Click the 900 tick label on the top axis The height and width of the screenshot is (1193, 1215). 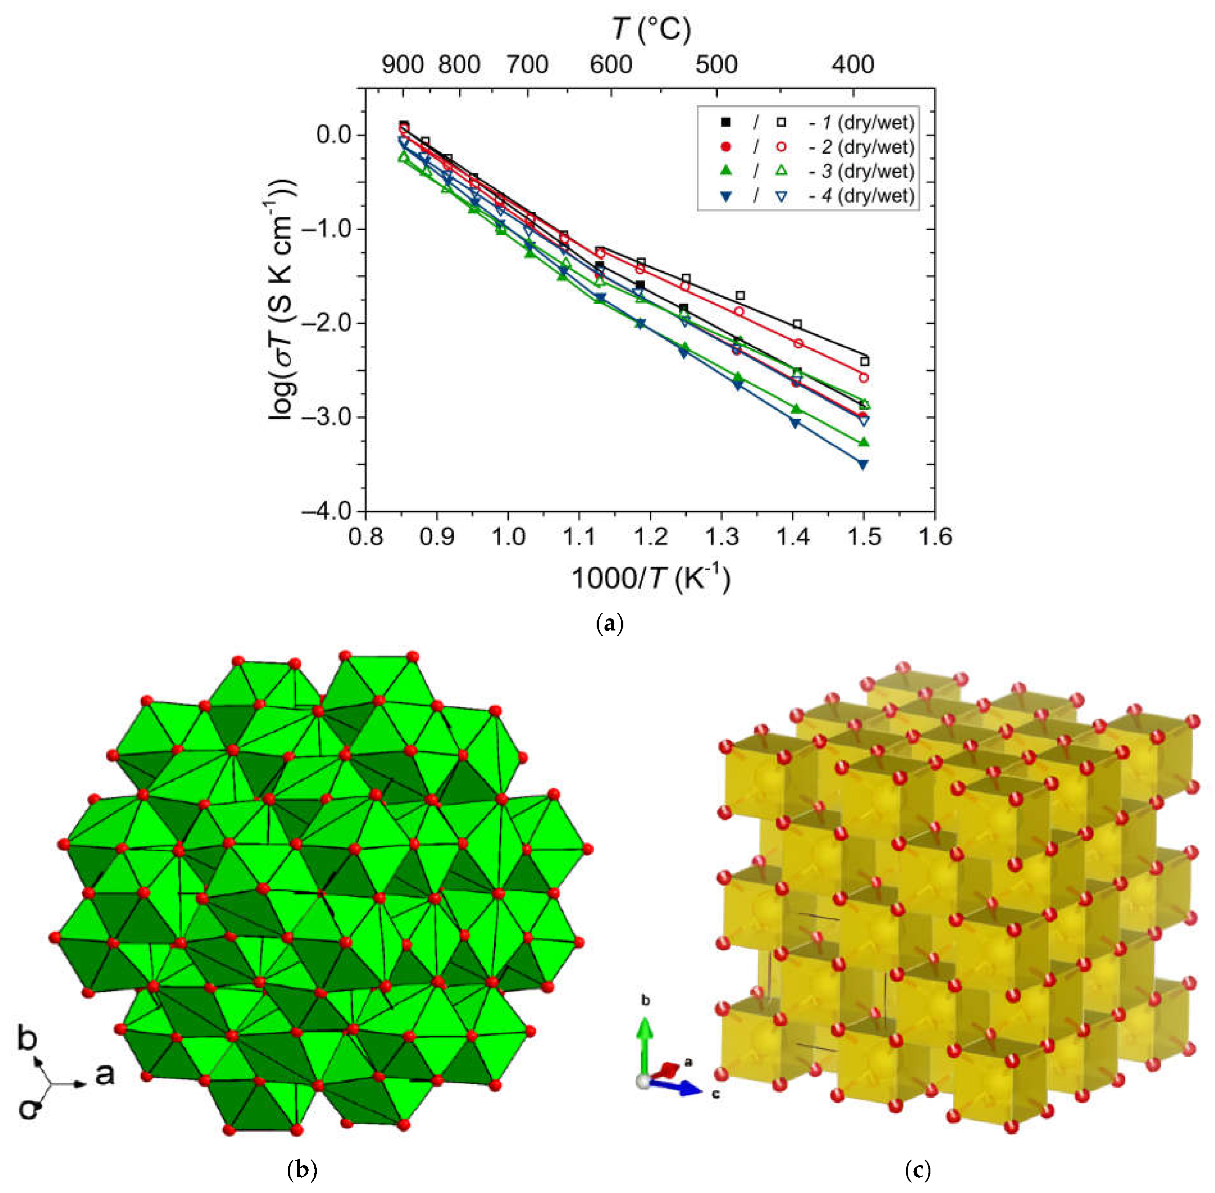point(403,64)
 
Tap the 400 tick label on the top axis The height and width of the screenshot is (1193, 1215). point(853,64)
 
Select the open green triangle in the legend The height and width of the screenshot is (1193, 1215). point(781,171)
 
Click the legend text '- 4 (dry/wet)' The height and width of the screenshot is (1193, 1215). point(861,196)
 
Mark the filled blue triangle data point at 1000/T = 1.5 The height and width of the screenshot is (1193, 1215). point(863,464)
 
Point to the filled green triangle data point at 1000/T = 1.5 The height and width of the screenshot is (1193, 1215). point(864,442)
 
